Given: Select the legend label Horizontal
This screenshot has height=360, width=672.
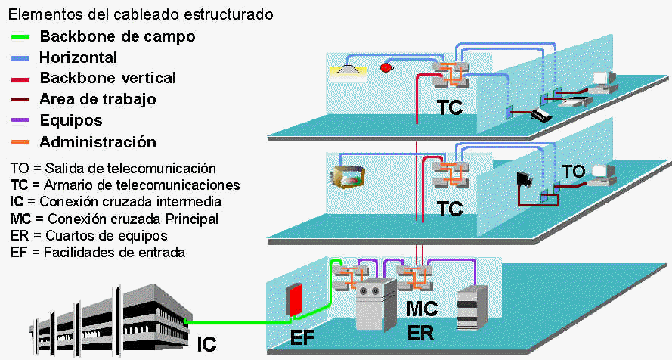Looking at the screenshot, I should pos(78,57).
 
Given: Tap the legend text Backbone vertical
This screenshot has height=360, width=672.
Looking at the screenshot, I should pos(107,78).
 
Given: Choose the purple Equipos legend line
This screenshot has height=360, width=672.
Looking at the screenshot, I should pos(20,121).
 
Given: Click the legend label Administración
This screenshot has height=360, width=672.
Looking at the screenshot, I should pos(98,142).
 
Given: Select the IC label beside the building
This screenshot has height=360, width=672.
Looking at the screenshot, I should pos(206,343).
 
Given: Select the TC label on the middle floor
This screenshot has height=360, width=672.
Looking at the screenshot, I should pos(450,209).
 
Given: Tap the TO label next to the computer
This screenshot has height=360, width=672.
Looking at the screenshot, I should pos(574,172).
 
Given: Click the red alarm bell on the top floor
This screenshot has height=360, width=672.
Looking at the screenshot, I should pos(388,67).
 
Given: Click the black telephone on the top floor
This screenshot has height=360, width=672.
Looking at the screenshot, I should pos(540,115).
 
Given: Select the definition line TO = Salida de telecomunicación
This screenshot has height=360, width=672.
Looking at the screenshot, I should pos(113,168).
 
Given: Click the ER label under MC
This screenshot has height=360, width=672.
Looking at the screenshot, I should pos(422,333).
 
